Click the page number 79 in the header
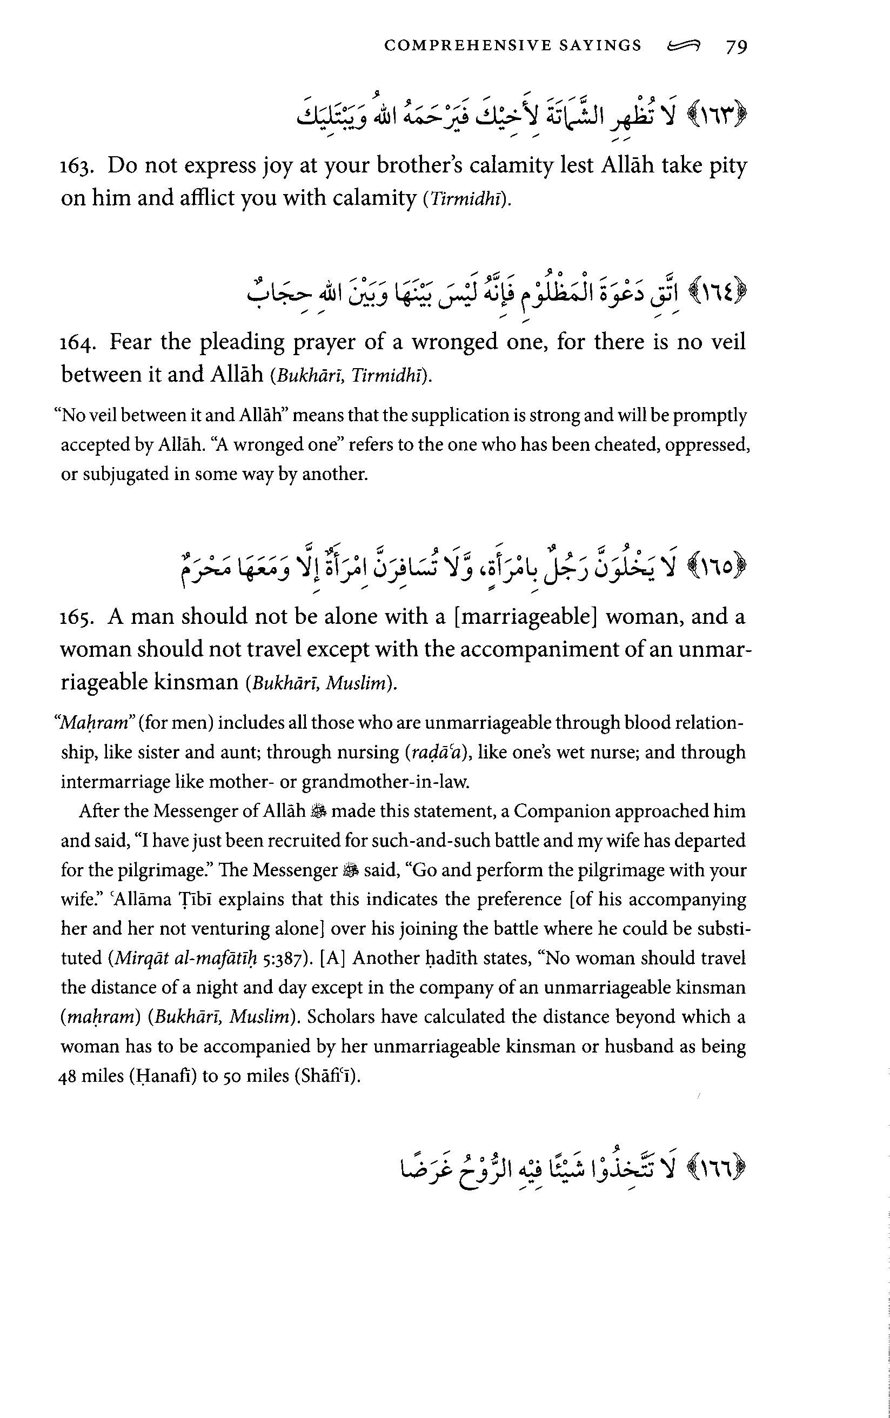coord(737,46)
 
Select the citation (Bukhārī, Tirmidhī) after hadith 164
coord(351,376)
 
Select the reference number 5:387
coord(281,958)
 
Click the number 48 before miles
coord(68,1076)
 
